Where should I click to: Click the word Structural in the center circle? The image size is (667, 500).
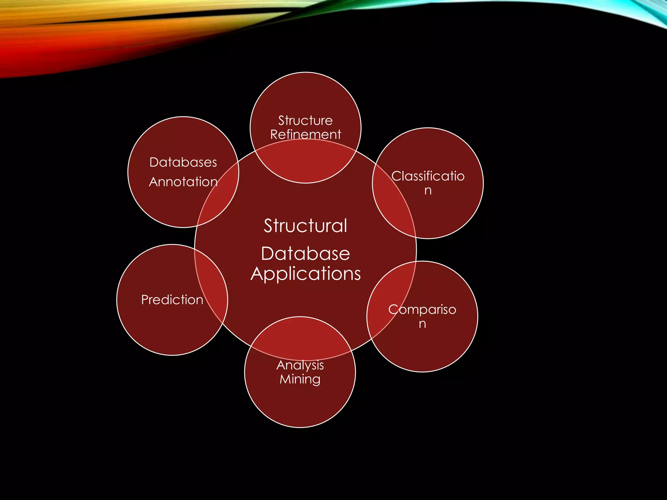tap(305, 226)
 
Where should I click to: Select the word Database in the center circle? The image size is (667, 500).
tap(305, 254)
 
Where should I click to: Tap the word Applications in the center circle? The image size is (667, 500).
tap(305, 274)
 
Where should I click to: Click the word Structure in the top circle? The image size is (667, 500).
tap(305, 120)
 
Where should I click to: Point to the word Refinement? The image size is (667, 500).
tap(305, 134)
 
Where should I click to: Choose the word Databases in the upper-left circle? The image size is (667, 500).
tap(183, 162)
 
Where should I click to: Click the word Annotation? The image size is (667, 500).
tap(183, 182)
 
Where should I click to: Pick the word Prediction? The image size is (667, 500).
tap(172, 299)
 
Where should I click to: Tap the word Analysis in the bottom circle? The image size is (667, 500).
tap(300, 365)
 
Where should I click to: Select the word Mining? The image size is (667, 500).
tap(300, 379)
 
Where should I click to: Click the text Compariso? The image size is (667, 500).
tap(422, 309)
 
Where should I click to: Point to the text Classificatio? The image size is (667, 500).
tap(428, 176)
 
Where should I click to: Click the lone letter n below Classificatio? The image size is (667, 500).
tap(428, 190)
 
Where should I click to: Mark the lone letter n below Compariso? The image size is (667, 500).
tap(422, 324)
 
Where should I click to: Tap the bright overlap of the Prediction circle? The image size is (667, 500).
tap(212, 286)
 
